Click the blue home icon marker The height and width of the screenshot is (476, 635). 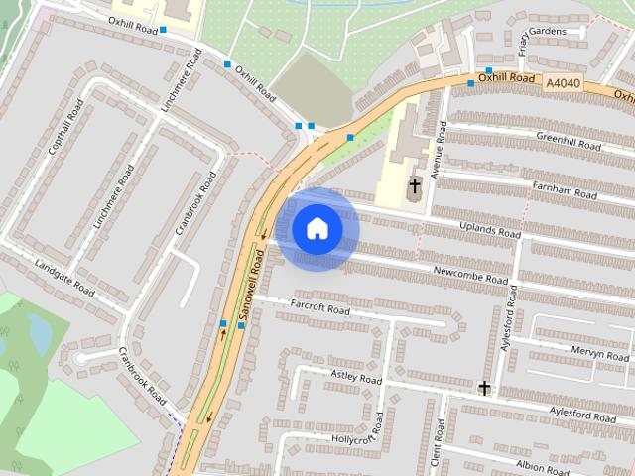point(317,229)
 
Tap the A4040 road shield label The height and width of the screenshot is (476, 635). point(561,86)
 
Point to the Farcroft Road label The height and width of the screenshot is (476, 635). point(319,309)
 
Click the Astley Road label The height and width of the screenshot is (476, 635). point(356,377)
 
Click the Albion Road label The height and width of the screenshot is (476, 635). point(542,464)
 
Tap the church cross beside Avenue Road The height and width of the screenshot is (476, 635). point(415,185)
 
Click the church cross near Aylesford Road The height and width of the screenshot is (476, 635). point(484,389)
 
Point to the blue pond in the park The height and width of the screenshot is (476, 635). point(39,332)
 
